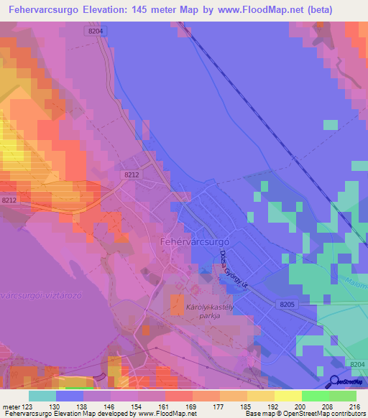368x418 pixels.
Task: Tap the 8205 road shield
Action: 287,305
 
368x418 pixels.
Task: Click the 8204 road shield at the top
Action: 96,32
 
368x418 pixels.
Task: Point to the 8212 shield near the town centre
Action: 131,175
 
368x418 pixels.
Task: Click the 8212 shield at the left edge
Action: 9,200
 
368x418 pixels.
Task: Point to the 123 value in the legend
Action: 26,407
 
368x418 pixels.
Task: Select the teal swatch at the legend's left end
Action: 42,396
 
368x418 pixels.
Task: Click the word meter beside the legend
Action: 9,407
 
